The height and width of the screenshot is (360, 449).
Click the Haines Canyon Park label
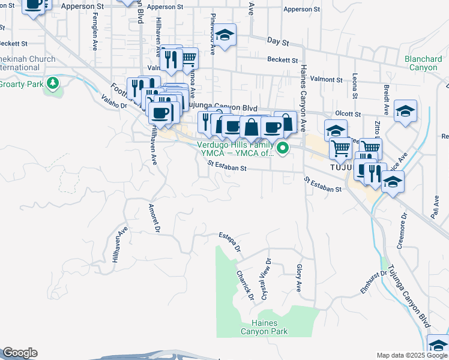264,327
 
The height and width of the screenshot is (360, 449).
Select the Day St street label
279,43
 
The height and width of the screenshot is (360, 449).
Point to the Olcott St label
348,113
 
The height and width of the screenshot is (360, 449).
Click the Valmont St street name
327,79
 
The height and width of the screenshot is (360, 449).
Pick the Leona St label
355,86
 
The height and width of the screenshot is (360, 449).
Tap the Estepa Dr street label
229,241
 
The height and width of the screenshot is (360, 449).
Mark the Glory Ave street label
298,278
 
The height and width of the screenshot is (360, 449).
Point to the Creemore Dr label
402,230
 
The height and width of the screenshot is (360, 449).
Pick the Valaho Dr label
115,102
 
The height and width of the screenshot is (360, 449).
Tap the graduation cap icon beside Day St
226,35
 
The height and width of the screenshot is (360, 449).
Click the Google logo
19,353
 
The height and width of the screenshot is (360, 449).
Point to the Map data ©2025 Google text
411,355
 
